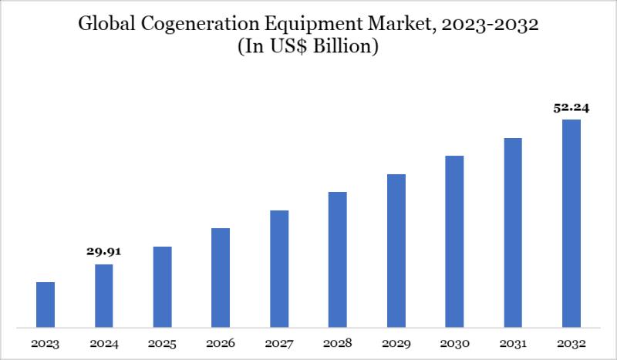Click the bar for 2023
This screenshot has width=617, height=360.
[x=46, y=304]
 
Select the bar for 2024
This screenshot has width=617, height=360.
[x=104, y=295]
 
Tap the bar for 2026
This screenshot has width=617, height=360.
[x=221, y=278]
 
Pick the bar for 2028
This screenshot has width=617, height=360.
[x=338, y=259]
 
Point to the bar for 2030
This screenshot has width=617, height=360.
[x=454, y=241]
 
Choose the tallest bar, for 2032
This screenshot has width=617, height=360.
[x=571, y=224]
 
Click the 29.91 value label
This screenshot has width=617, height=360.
[x=104, y=251]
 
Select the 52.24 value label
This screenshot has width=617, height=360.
[x=571, y=108]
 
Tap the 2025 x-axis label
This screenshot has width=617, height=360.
[x=162, y=344]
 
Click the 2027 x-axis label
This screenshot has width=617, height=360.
[x=279, y=344]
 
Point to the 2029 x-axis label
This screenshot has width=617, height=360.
[x=396, y=344]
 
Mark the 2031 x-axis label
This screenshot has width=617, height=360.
[x=513, y=344]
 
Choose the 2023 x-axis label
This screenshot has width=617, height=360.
[x=46, y=344]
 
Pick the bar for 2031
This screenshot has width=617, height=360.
[x=513, y=232]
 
